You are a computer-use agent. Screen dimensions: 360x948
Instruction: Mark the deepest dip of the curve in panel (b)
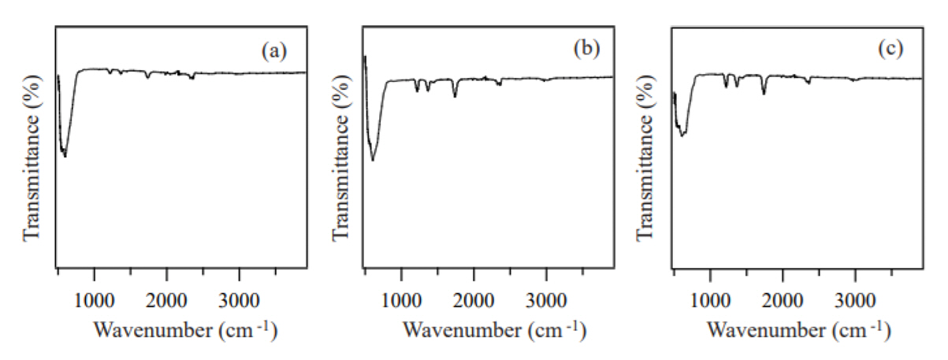point(373,161)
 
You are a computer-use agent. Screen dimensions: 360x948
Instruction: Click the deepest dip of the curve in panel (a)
point(65,156)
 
